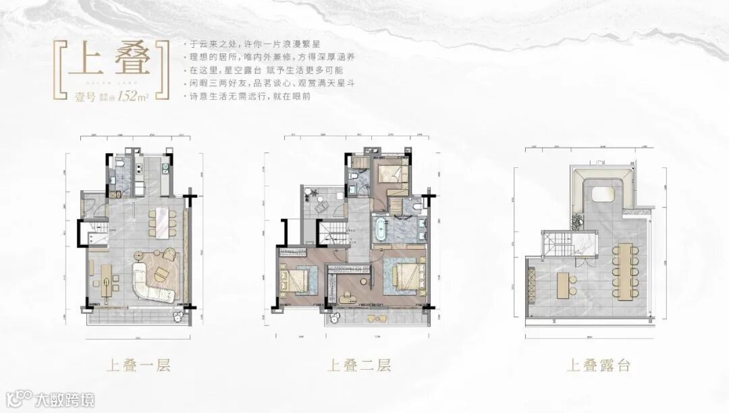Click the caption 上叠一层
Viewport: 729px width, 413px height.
pos(138,366)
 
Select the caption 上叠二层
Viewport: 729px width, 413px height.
pos(358,366)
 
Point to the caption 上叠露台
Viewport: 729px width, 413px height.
pos(598,366)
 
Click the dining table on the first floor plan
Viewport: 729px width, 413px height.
pos(163,222)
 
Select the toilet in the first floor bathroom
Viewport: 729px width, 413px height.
pos(118,164)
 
